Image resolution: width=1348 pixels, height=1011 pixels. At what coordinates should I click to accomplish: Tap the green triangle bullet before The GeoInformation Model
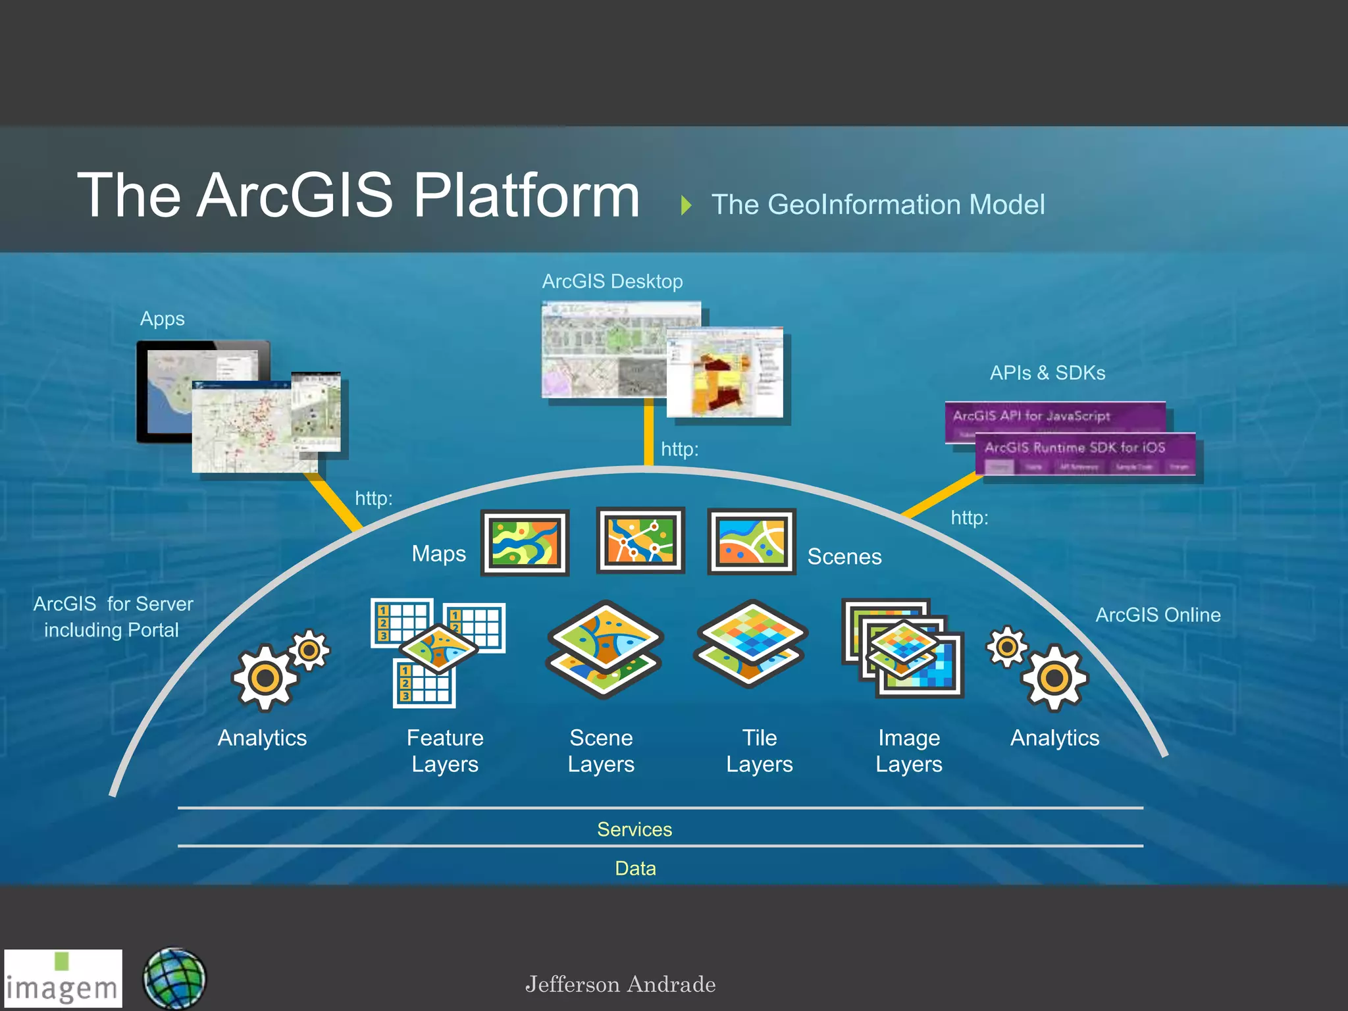click(x=687, y=205)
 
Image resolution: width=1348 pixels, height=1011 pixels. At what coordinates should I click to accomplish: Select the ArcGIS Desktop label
click(x=612, y=282)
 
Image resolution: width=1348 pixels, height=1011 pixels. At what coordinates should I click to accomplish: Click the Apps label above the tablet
click(x=162, y=319)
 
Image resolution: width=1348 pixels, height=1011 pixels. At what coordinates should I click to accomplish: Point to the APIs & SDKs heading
click(x=1047, y=373)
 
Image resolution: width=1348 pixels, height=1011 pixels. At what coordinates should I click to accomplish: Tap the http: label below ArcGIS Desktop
click(x=679, y=450)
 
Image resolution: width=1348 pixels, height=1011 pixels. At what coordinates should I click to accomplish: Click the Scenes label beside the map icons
click(x=844, y=557)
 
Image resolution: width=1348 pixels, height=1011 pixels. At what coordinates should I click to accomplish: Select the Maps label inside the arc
click(x=438, y=554)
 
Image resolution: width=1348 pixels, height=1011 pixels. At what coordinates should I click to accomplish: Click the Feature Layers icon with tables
click(x=438, y=652)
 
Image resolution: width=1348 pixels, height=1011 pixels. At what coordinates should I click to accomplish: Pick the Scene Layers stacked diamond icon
click(x=604, y=648)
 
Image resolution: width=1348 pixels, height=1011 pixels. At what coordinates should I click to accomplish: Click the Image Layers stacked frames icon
click(x=902, y=648)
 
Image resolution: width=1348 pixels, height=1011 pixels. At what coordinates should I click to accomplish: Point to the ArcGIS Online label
click(x=1158, y=615)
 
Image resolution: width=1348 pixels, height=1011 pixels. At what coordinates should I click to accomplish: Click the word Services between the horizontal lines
click(x=635, y=829)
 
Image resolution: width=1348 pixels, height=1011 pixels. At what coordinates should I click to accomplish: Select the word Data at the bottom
click(x=635, y=868)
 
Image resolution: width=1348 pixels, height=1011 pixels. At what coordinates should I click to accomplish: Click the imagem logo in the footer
click(x=63, y=979)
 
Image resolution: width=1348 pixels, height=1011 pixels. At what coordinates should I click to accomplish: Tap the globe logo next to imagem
click(x=174, y=979)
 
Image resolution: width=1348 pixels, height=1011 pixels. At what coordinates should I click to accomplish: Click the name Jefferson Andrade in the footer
click(x=620, y=985)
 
